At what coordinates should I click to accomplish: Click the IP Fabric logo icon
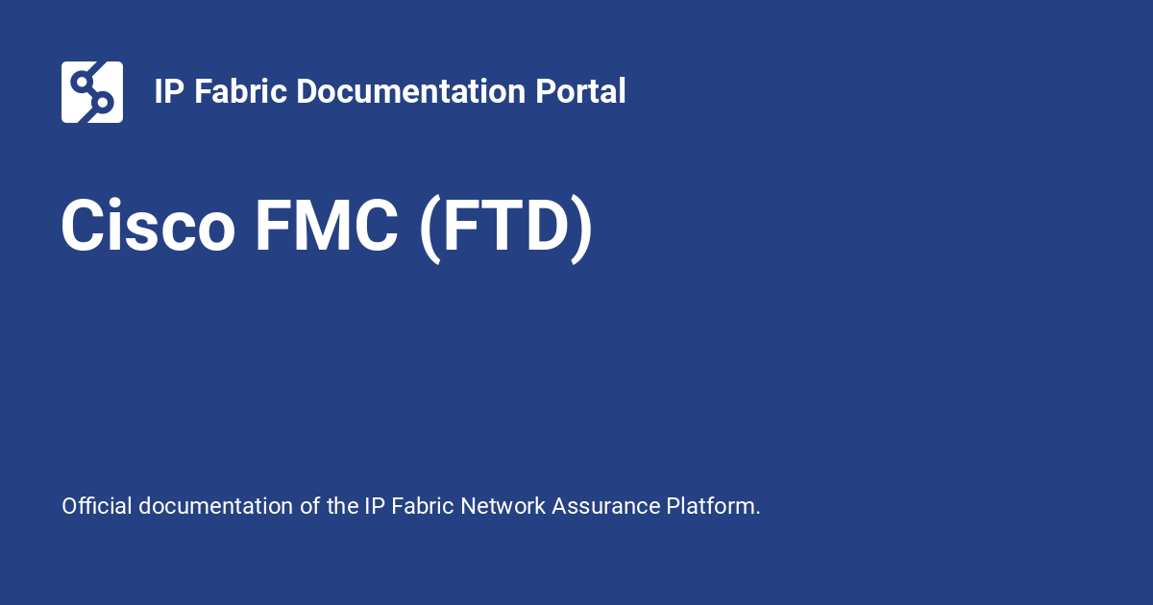pyautogui.click(x=92, y=92)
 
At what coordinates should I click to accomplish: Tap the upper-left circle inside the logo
pyautogui.click(x=82, y=80)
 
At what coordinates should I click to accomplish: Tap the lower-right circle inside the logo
pyautogui.click(x=104, y=102)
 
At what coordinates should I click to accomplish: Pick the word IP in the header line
pyautogui.click(x=169, y=92)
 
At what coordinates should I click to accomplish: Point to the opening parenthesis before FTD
pyautogui.click(x=430, y=229)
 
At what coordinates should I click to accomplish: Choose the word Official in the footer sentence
pyautogui.click(x=96, y=506)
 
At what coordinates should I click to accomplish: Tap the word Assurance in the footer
pyautogui.click(x=606, y=506)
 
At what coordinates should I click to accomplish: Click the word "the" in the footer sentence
pyautogui.click(x=342, y=506)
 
